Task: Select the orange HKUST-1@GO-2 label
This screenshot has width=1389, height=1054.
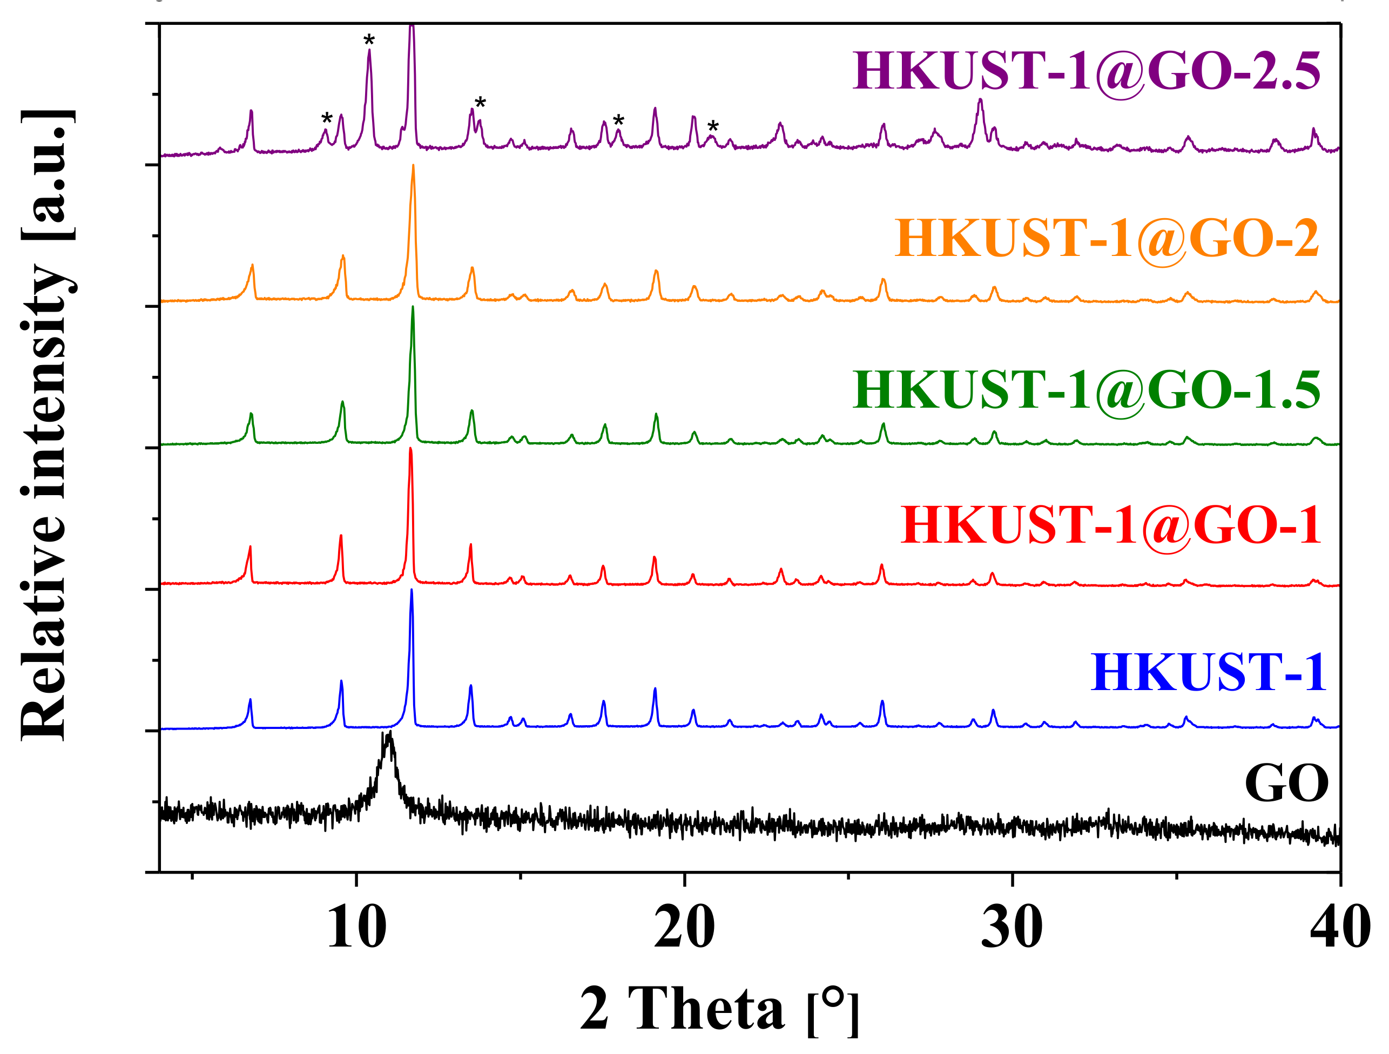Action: coord(1107,239)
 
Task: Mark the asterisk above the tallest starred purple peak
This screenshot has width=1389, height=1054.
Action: coord(369,42)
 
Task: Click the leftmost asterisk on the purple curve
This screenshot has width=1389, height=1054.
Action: coord(327,119)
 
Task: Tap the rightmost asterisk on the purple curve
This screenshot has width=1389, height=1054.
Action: coord(713,127)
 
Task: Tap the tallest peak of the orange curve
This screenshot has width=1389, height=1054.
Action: coord(413,167)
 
